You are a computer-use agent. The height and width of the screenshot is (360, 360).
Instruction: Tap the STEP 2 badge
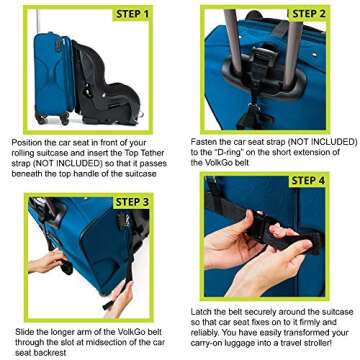click(x=308, y=14)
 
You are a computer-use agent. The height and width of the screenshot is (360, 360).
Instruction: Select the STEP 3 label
click(x=134, y=202)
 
